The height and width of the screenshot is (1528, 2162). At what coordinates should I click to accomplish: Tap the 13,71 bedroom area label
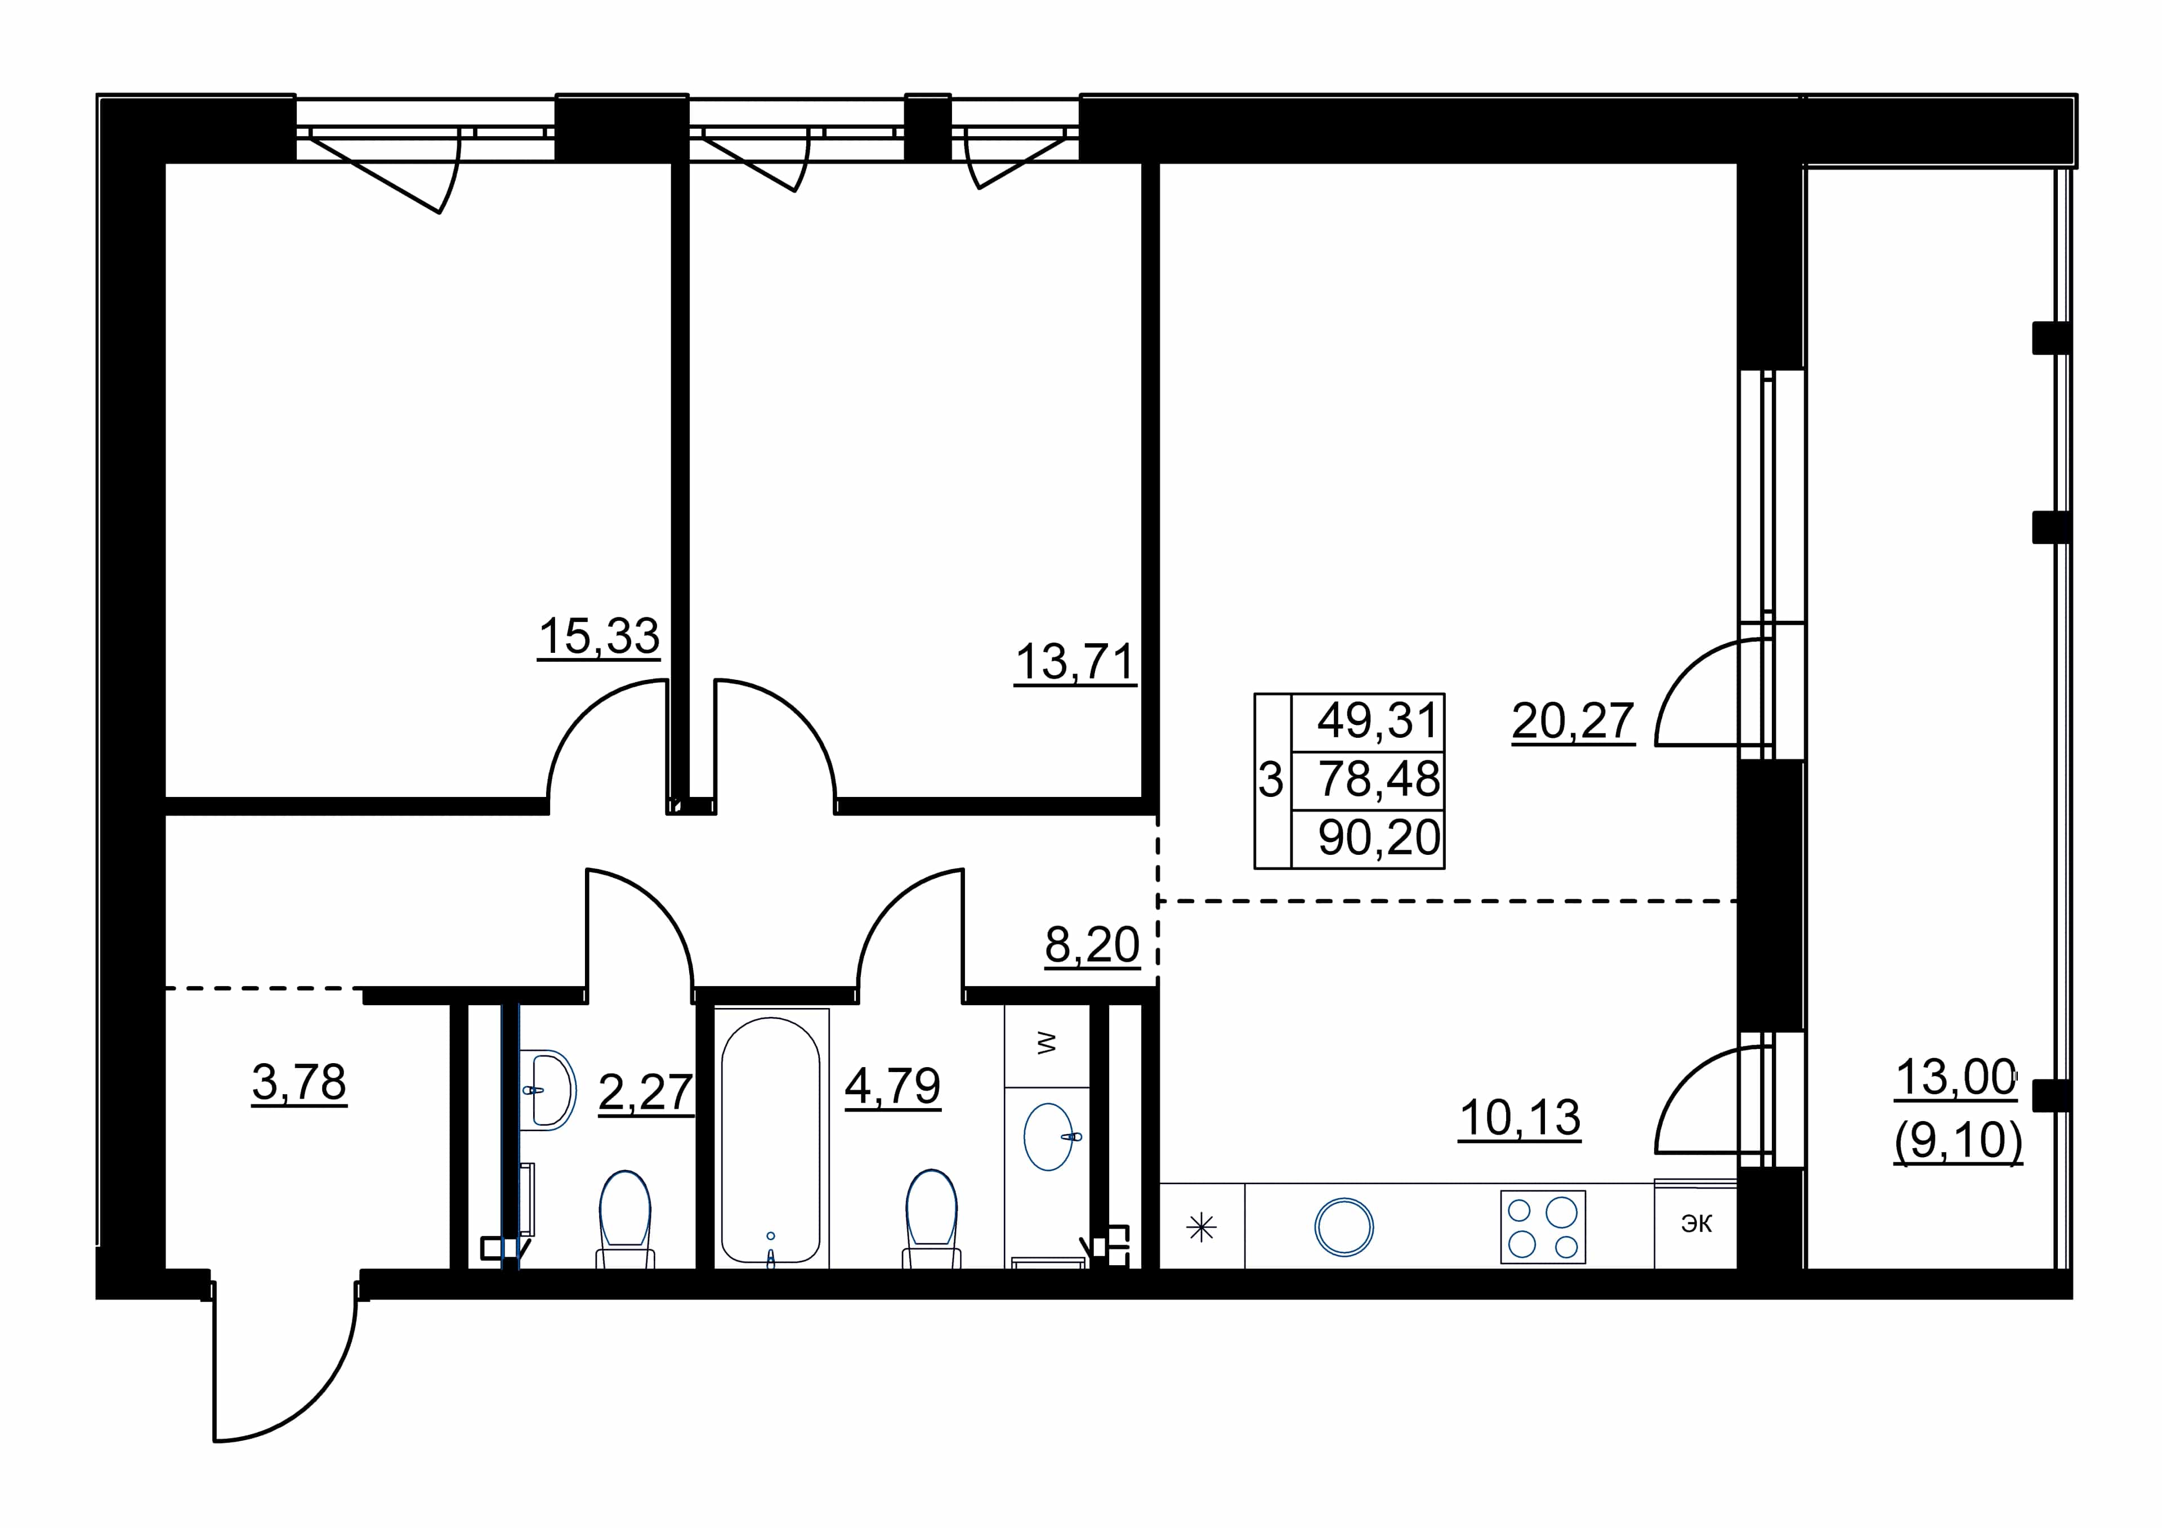[x=1075, y=663]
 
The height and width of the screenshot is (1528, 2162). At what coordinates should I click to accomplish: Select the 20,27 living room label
[x=1573, y=722]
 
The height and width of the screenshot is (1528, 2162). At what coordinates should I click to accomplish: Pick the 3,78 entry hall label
[x=300, y=1083]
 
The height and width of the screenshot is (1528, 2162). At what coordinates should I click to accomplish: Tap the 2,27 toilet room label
[x=646, y=1093]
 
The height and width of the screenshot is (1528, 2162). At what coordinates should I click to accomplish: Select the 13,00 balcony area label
[x=1956, y=1078]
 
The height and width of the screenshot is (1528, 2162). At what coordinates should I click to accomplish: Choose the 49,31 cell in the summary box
[x=1379, y=721]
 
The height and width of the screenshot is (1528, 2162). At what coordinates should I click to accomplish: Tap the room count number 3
[x=1271, y=781]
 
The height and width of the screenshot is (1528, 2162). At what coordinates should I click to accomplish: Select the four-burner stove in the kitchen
[x=1543, y=1227]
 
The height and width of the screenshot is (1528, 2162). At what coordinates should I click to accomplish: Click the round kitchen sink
[x=1344, y=1227]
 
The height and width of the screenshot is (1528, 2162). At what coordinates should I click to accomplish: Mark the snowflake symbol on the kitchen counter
[x=1201, y=1227]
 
